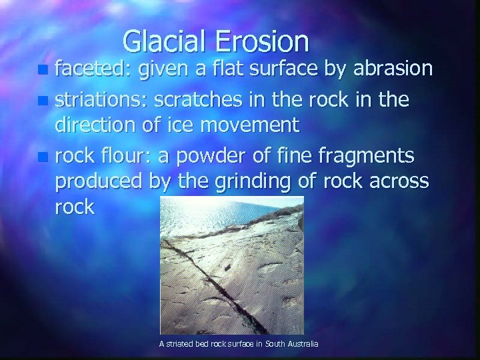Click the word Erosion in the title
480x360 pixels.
[264, 42]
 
